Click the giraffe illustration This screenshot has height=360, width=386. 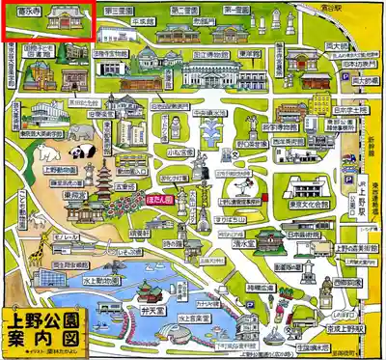[33, 253]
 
